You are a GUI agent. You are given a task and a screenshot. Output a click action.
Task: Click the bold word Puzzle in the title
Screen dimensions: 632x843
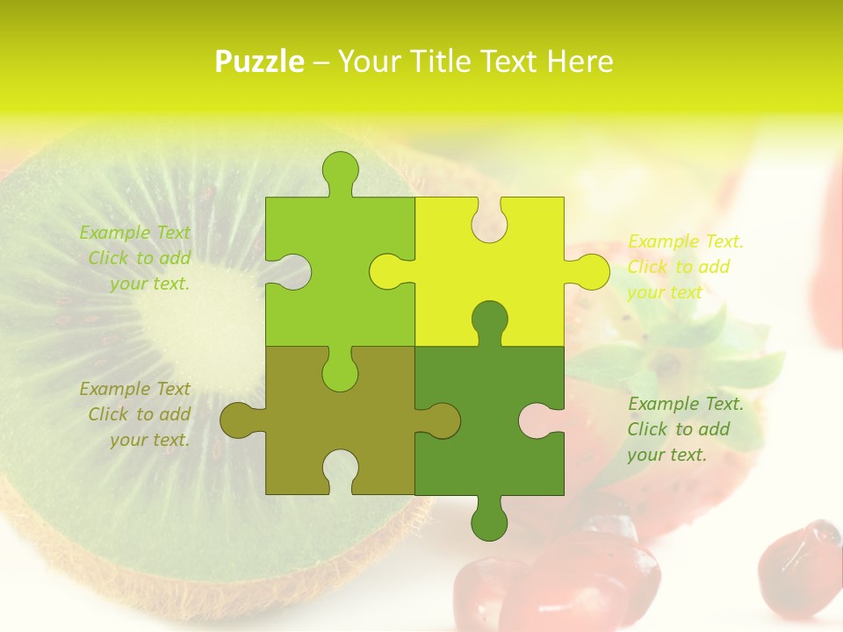(x=260, y=61)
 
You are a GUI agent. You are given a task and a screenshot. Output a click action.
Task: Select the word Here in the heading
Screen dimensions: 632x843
(x=579, y=61)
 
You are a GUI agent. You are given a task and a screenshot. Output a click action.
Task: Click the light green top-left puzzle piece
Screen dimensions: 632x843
(x=351, y=263)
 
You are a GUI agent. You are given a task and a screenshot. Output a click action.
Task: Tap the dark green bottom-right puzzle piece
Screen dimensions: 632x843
(x=474, y=430)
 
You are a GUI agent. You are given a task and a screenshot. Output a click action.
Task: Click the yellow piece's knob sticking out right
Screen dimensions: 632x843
(x=589, y=271)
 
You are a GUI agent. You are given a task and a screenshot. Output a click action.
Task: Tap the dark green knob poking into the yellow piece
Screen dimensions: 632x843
(x=489, y=320)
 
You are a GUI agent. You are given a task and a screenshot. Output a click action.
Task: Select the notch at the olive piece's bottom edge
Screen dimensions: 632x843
(x=341, y=470)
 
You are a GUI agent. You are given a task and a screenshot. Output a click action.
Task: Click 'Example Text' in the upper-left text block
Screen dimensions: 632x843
(x=134, y=233)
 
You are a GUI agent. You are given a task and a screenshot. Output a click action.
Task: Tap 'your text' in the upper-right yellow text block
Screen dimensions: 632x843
(x=665, y=292)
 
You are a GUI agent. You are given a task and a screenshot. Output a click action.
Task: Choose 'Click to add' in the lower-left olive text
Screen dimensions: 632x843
(x=139, y=414)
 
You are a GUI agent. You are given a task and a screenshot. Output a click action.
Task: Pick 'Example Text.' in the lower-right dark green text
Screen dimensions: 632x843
(x=686, y=404)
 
